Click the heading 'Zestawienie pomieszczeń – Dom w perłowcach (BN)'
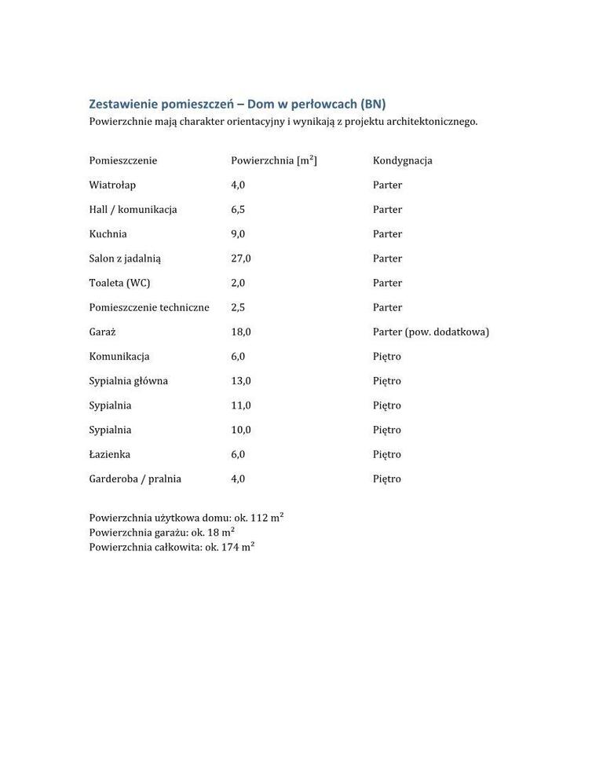pyautogui.click(x=237, y=104)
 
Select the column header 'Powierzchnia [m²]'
pyautogui.click(x=273, y=160)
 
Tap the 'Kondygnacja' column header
pyautogui.click(x=402, y=160)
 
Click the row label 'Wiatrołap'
pyautogui.click(x=112, y=185)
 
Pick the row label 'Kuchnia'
pyautogui.click(x=108, y=233)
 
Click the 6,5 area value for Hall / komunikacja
pyautogui.click(x=238, y=209)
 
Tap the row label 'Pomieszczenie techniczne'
pyautogui.click(x=149, y=307)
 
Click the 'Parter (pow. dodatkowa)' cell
pyautogui.click(x=430, y=332)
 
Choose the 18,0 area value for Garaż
pyautogui.click(x=240, y=332)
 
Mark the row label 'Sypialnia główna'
pyautogui.click(x=128, y=380)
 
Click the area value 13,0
pyautogui.click(x=240, y=380)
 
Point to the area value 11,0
pyautogui.click(x=240, y=405)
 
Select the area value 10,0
pyautogui.click(x=240, y=430)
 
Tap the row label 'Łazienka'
pyautogui.click(x=109, y=454)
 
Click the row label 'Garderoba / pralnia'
pyautogui.click(x=135, y=478)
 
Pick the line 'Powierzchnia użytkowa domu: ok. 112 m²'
pyautogui.click(x=186, y=517)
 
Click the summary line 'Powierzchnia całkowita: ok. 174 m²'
pyautogui.click(x=172, y=547)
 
